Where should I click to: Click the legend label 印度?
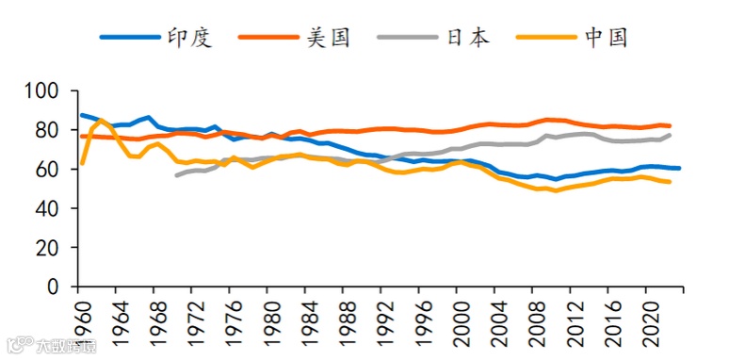(190, 37)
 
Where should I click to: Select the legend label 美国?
(329, 37)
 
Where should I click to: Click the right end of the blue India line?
(679, 168)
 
